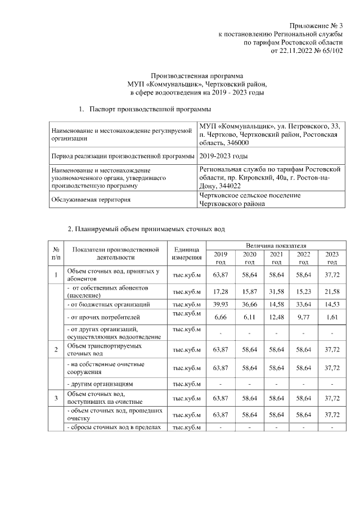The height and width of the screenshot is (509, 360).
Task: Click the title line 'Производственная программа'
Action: (197, 75)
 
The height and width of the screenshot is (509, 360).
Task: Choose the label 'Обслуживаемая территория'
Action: (91, 199)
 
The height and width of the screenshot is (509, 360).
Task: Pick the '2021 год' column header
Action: (276, 258)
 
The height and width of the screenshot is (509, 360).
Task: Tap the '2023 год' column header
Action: (332, 258)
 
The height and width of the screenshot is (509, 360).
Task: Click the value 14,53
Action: (332, 304)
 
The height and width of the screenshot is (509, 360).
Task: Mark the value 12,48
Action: (276, 317)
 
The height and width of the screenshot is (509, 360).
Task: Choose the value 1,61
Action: (332, 317)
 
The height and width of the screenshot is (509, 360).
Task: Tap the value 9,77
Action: (304, 317)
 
